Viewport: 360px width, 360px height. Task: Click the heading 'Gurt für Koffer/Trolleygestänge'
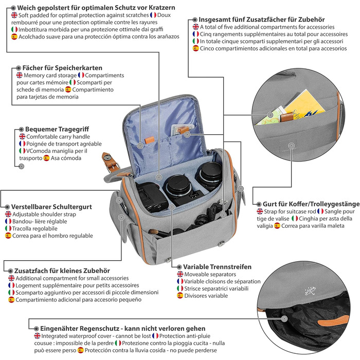[x=304, y=204]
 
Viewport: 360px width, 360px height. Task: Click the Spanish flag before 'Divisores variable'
[x=180, y=296]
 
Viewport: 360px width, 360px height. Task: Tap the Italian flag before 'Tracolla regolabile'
[x=8, y=228]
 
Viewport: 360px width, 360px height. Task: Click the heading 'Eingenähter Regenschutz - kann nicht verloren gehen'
[x=120, y=328]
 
